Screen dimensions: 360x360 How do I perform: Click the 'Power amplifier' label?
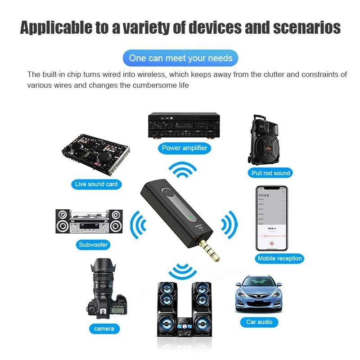(x=184, y=148)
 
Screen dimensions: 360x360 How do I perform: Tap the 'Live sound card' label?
(x=96, y=184)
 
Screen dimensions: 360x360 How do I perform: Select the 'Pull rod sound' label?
(x=271, y=173)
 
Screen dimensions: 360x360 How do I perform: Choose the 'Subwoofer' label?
(x=94, y=245)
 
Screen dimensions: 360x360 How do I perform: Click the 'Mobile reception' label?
(x=279, y=258)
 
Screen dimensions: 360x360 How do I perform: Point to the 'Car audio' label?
(x=259, y=322)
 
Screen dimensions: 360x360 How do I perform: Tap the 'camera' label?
(x=104, y=328)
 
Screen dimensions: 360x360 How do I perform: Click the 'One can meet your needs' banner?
(x=180, y=58)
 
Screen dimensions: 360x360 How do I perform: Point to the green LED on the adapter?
(x=191, y=217)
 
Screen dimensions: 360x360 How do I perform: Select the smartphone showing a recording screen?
(x=271, y=218)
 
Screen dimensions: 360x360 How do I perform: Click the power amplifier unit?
(x=184, y=125)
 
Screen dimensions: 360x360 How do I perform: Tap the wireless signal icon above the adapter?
(x=183, y=171)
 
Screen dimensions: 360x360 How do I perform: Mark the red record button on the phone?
(x=271, y=243)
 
